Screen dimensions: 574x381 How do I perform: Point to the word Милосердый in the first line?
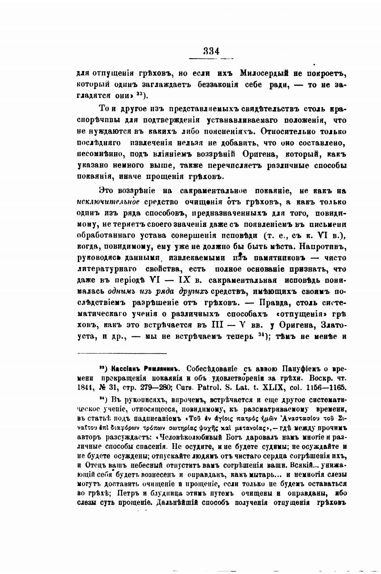click(266, 73)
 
